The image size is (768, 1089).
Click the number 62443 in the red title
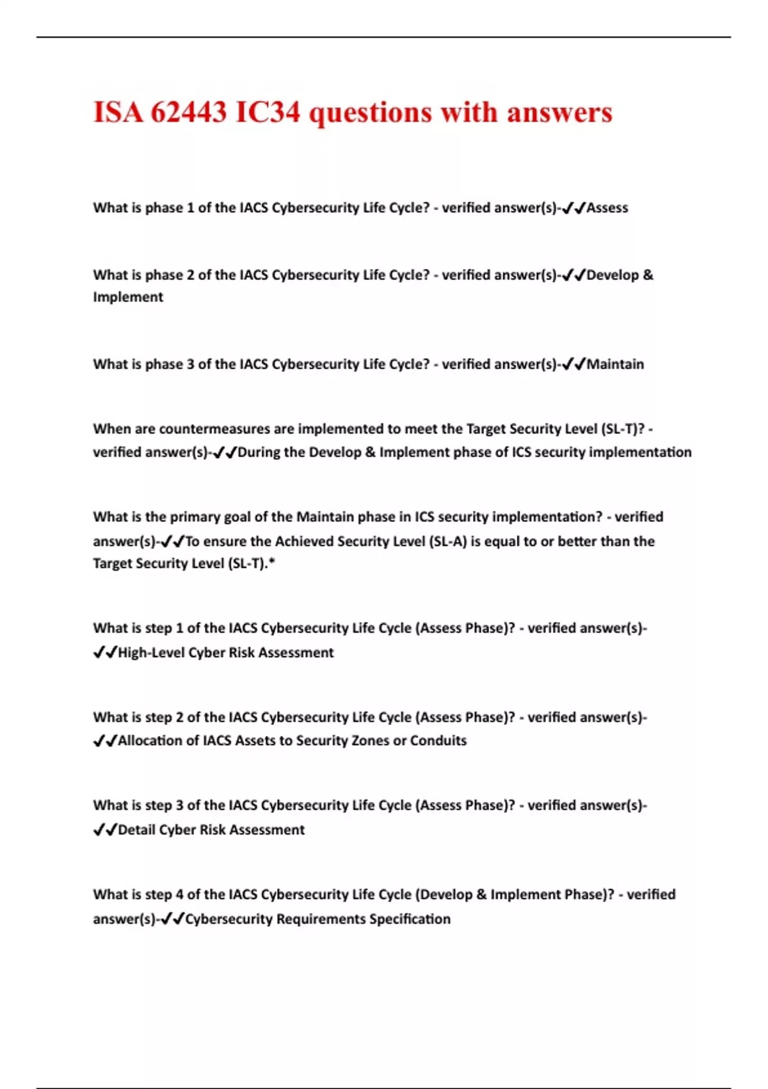188,112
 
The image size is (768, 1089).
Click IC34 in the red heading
268,112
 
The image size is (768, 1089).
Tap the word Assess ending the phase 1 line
607,208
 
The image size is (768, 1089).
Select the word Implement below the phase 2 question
128,297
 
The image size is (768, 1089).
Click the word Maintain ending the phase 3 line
615,364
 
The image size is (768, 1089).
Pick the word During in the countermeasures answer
259,452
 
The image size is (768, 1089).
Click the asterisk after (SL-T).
272,563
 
